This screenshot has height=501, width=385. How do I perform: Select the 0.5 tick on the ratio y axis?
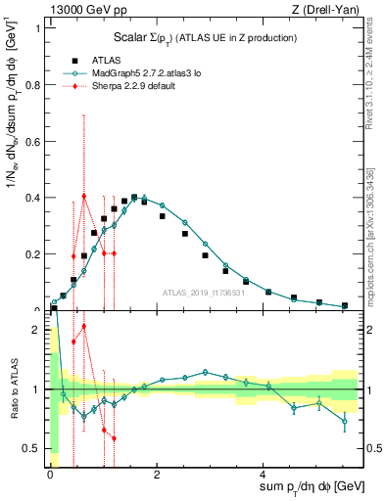(x=32, y=448)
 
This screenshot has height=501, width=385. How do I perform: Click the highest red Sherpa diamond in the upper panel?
(x=84, y=196)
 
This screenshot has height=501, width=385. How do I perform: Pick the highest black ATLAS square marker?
(x=134, y=197)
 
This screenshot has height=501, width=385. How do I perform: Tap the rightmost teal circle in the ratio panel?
(x=344, y=422)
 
